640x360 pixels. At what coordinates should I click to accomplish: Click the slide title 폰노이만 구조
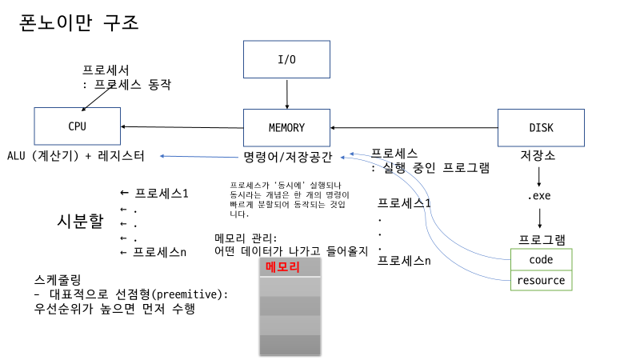pos(79,22)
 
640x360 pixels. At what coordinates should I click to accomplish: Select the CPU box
pos(77,127)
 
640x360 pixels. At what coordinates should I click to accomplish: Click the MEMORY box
pos(286,127)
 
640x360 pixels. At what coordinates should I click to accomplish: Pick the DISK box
pos(541,127)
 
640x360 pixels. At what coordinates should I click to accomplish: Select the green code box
pos(541,260)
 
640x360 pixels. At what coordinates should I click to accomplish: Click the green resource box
pos(541,280)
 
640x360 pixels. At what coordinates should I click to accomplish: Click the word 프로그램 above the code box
pos(541,239)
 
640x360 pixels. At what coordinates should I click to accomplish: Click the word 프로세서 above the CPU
pos(106,70)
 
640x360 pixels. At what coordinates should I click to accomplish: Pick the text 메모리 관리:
pos(246,238)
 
